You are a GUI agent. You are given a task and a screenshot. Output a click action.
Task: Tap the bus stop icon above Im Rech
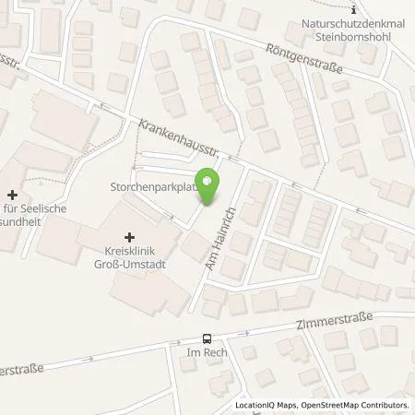(x=207, y=338)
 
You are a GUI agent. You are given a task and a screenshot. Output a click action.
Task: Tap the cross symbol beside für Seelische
(x=12, y=195)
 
